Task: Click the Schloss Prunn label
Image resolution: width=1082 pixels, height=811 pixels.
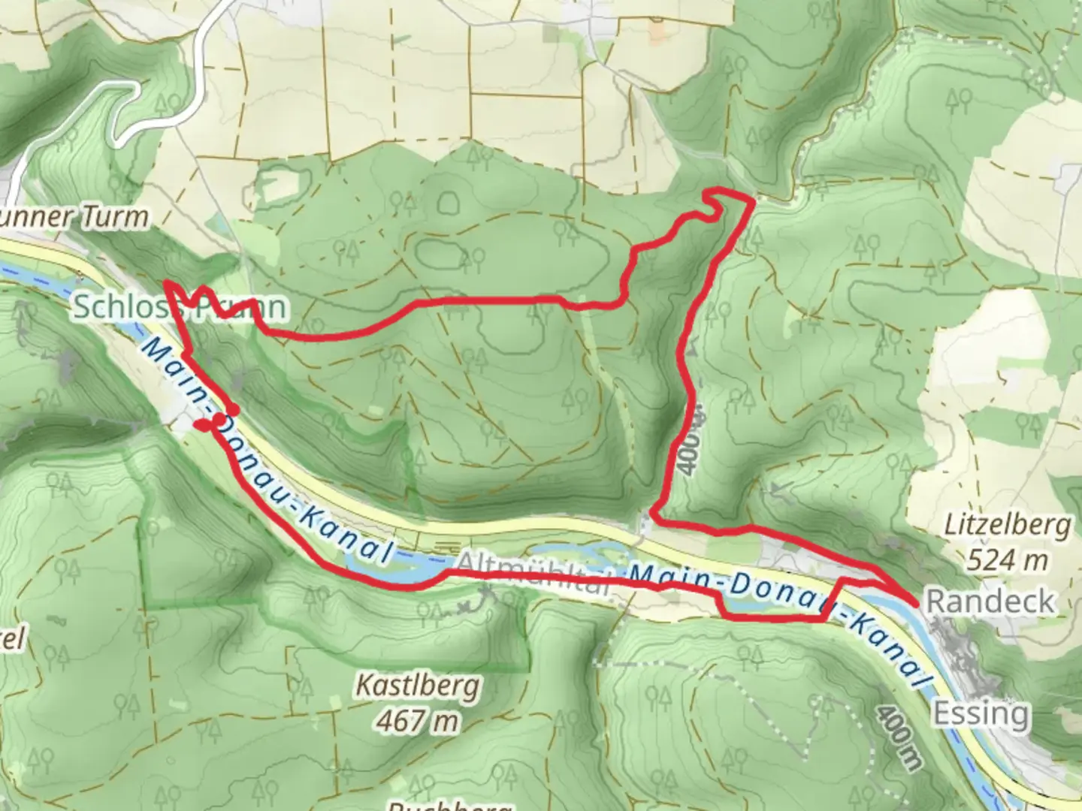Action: (180, 307)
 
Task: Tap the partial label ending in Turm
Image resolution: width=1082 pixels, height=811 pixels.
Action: (74, 218)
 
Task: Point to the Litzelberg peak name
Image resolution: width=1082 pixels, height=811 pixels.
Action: (1007, 526)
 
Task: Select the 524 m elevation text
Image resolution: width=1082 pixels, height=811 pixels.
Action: (1007, 560)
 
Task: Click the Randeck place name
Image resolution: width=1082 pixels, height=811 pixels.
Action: (990, 601)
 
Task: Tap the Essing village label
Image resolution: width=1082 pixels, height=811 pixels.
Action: (981, 712)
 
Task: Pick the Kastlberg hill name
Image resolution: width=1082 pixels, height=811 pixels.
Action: (417, 686)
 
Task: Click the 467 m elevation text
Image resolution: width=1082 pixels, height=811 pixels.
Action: (417, 722)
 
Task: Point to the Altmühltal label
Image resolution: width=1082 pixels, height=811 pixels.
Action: (530, 574)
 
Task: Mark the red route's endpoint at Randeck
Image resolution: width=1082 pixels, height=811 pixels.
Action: (915, 602)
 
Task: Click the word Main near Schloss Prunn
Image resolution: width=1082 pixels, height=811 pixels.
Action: (162, 361)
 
